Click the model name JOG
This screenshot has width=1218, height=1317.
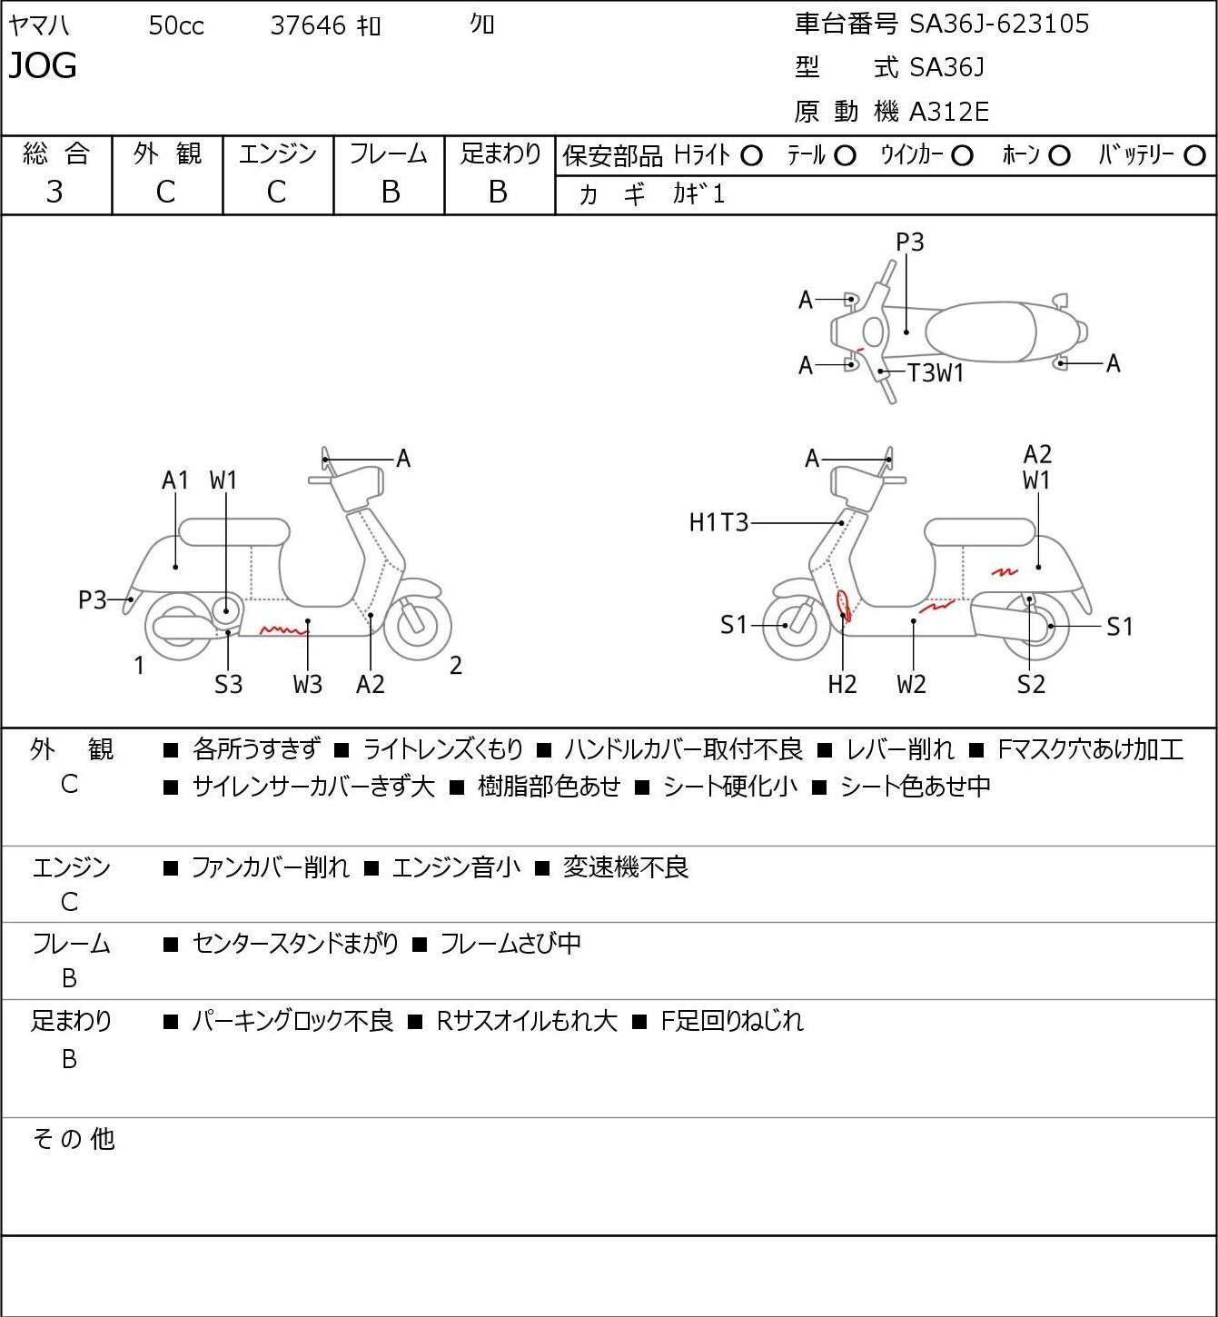43,65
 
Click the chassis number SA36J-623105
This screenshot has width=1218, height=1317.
999,24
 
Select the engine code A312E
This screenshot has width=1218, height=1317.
948,112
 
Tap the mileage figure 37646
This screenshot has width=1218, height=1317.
308,25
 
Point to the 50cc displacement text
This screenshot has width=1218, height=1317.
176,25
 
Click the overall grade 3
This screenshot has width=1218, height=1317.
54,193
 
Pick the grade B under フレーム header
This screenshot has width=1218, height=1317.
390,193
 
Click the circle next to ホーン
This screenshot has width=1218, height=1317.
1059,156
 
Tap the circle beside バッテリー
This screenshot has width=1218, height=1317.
1194,156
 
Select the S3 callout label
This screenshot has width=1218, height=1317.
228,684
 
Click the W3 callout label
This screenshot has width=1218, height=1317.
308,684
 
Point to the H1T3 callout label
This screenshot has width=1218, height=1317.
718,522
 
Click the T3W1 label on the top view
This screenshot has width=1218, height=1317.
936,373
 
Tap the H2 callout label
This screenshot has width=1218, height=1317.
843,684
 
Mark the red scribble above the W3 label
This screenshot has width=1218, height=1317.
284,630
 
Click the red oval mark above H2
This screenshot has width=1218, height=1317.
843,605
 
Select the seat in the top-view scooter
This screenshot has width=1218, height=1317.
981,332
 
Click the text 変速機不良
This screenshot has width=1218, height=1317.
626,867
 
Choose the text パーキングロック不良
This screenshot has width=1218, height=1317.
292,1021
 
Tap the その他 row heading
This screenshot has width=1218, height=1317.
74,1139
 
